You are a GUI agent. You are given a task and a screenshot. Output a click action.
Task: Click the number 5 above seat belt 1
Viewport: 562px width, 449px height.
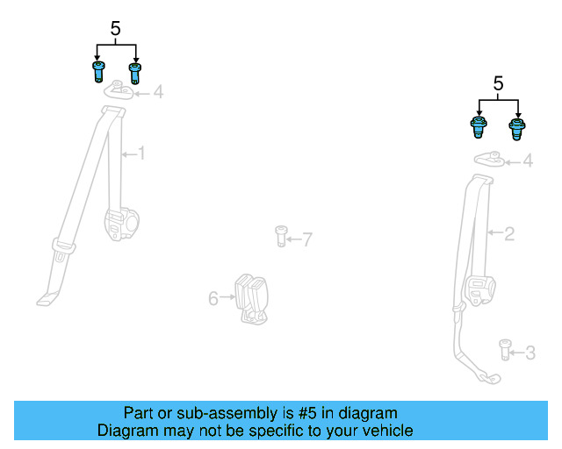pos(115,29)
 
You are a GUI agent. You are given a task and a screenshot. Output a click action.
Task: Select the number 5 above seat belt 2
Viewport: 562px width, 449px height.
pos(498,84)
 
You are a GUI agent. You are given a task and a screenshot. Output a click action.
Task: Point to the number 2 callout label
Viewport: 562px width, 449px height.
pos(508,233)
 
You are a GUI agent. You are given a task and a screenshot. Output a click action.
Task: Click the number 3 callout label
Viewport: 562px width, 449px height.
pos(530,353)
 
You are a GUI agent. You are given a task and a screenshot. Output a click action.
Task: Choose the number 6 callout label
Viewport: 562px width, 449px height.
pos(213,299)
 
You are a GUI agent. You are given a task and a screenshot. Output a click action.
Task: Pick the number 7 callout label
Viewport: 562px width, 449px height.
pos(306,239)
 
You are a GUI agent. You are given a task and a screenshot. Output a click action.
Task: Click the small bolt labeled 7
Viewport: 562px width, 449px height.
pos(281,236)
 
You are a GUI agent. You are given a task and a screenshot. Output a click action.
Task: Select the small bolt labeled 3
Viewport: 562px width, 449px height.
pos(505,349)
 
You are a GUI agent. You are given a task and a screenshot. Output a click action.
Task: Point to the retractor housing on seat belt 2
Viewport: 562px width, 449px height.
pos(480,290)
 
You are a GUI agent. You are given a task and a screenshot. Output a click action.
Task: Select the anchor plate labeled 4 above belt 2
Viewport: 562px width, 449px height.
pos(488,159)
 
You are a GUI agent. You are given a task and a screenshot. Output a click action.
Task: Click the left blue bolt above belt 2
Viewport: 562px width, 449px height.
pos(479,128)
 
